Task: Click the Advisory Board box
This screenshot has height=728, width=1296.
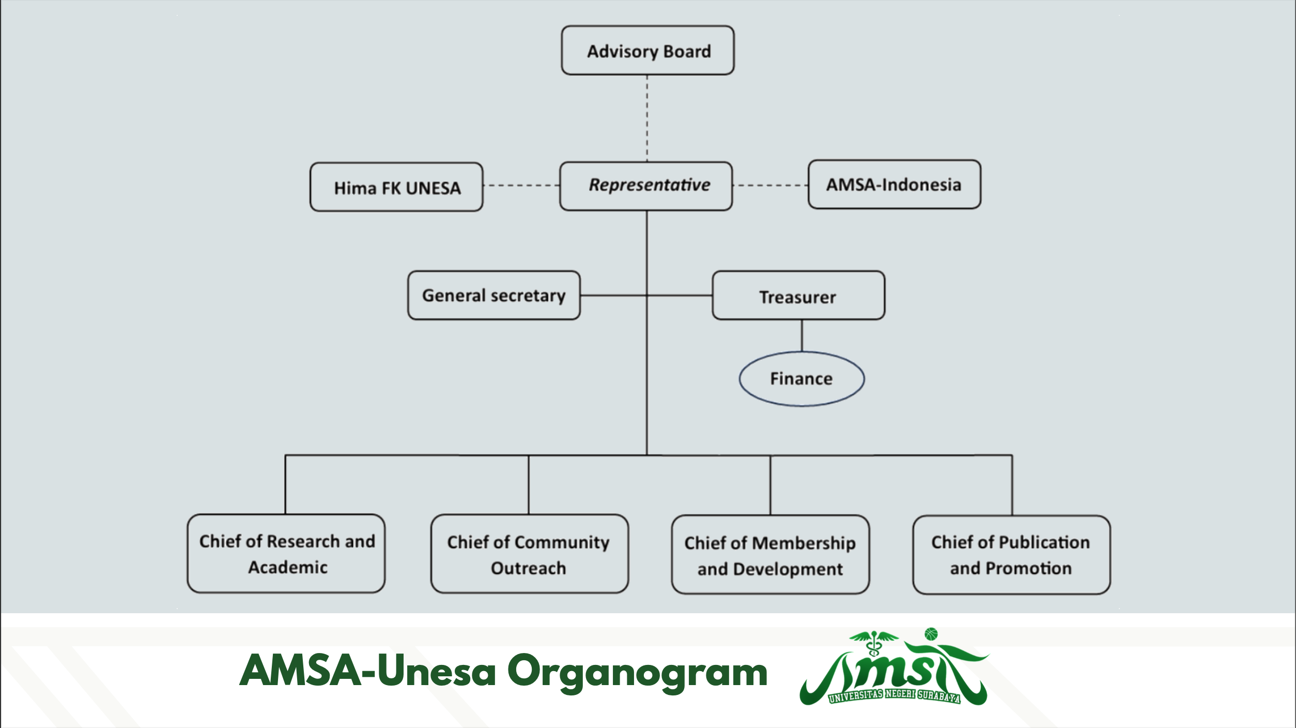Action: pyautogui.click(x=647, y=51)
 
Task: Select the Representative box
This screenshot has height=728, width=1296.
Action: pyautogui.click(x=646, y=186)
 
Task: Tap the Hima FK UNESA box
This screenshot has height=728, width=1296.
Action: pyautogui.click(x=396, y=187)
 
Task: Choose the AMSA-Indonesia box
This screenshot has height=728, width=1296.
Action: pyautogui.click(x=894, y=185)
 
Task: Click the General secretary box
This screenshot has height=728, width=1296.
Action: pyautogui.click(x=493, y=295)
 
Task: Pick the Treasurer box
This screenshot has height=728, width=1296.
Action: pyautogui.click(x=798, y=296)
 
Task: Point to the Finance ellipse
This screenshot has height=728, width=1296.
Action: pyautogui.click(x=801, y=379)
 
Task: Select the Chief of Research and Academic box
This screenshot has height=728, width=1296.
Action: pyautogui.click(x=286, y=553)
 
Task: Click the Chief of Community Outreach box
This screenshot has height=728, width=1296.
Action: pyautogui.click(x=529, y=554)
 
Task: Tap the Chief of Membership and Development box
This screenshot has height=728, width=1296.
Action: pyautogui.click(x=770, y=555)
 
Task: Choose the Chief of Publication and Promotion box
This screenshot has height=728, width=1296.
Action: pyautogui.click(x=1011, y=555)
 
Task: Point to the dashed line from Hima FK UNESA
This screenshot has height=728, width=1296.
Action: pyautogui.click(x=521, y=185)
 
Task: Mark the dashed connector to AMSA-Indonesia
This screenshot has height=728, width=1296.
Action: pyautogui.click(x=770, y=185)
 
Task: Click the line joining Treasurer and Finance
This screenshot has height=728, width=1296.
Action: pyautogui.click(x=802, y=336)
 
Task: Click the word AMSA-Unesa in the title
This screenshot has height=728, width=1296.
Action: pyautogui.click(x=367, y=671)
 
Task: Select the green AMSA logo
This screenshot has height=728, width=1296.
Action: pyautogui.click(x=893, y=668)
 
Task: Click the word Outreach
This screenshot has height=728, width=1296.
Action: pyautogui.click(x=528, y=568)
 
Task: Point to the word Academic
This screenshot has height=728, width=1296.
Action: pyautogui.click(x=288, y=567)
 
